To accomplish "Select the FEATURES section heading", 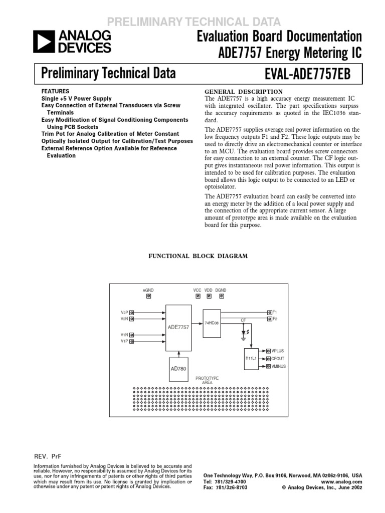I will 52,92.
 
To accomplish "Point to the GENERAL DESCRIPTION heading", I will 245,92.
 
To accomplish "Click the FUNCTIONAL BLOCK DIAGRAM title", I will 197,256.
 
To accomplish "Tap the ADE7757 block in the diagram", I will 178,327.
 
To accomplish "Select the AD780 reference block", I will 179,368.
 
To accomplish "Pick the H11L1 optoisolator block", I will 251,359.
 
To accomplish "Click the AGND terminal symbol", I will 148,296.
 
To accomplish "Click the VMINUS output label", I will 279,367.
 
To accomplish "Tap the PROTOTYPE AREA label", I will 207,380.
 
